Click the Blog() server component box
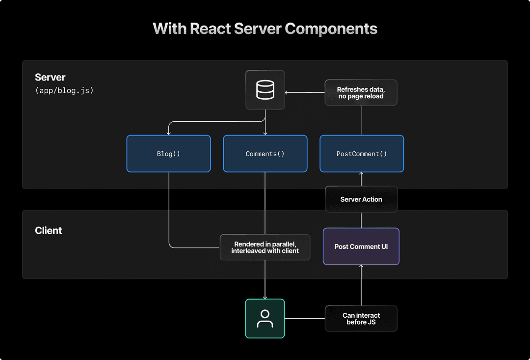(x=168, y=154)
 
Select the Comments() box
(x=265, y=154)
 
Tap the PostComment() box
(x=362, y=154)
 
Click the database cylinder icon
(x=265, y=90)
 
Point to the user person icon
(x=265, y=318)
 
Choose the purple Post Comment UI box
(x=361, y=247)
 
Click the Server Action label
(x=361, y=199)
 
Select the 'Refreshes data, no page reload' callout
(x=361, y=93)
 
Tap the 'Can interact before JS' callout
(x=361, y=318)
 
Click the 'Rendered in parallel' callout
(x=265, y=248)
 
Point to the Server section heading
(x=50, y=78)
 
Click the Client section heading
(x=49, y=231)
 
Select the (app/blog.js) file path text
(x=64, y=91)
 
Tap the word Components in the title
(x=331, y=28)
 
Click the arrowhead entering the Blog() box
(x=168, y=133)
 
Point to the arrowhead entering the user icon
(x=265, y=297)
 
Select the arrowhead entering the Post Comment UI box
(x=361, y=267)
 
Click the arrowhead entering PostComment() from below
(x=361, y=174)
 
